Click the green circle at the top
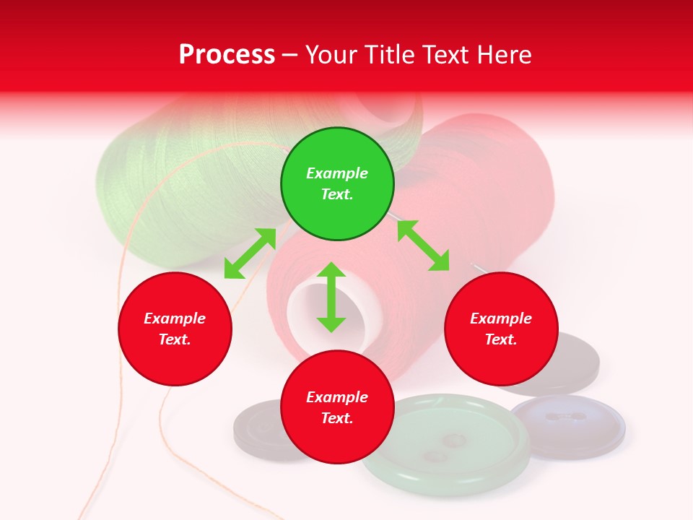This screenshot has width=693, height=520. [x=337, y=184]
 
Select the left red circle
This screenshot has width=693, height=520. [x=175, y=329]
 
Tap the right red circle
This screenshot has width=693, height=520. [x=501, y=329]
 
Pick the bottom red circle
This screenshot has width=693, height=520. [x=337, y=407]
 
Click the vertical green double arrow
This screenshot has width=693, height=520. [x=331, y=297]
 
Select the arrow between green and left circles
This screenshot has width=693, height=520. [x=250, y=253]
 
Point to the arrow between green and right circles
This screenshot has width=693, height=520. [x=423, y=246]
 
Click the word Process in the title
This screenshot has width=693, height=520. [x=227, y=55]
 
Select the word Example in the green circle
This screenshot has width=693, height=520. [x=337, y=173]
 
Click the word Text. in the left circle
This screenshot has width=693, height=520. [x=175, y=339]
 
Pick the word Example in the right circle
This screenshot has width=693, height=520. [x=501, y=318]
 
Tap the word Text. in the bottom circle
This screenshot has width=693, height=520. [x=337, y=418]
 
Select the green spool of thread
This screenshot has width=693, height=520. [x=180, y=181]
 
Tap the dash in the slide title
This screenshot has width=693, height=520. [x=290, y=55]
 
